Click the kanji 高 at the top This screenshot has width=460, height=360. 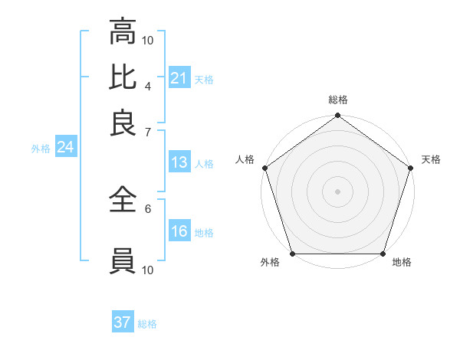click(x=123, y=33)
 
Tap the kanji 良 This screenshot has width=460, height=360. click(x=123, y=123)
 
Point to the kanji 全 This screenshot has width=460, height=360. click(x=123, y=201)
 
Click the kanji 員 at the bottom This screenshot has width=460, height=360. click(x=123, y=261)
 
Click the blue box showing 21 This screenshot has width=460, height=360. click(x=179, y=78)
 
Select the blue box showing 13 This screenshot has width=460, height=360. click(x=179, y=162)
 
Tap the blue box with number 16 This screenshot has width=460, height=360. click(x=179, y=231)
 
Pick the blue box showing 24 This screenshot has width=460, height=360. click(x=65, y=148)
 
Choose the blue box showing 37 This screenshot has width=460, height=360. click(x=123, y=322)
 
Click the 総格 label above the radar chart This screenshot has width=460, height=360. click(x=337, y=100)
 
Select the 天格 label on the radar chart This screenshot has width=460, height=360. click(x=431, y=159)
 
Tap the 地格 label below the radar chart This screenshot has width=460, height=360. click(x=402, y=263)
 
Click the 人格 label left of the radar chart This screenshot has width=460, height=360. click(x=245, y=159)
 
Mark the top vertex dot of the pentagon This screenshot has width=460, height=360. click(x=337, y=116)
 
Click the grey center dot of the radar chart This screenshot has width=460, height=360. click(x=337, y=191)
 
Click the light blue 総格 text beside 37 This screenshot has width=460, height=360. click(x=147, y=324)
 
